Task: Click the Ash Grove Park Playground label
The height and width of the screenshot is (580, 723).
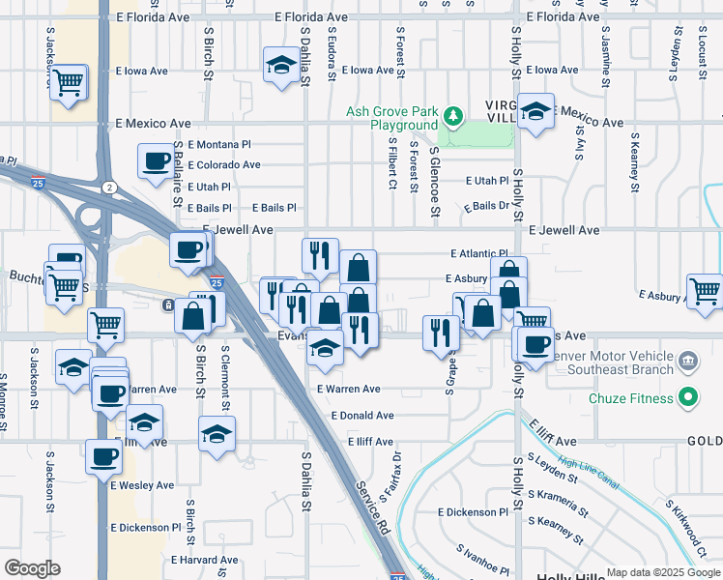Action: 392,118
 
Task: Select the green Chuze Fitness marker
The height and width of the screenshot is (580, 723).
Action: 688,396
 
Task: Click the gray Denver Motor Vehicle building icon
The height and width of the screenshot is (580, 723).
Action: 687,362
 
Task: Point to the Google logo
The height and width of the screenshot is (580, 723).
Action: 32,568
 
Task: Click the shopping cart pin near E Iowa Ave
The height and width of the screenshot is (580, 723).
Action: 69,82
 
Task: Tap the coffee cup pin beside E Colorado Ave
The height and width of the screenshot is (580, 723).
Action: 155,161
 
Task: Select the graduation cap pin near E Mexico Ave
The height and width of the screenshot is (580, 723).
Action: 535,111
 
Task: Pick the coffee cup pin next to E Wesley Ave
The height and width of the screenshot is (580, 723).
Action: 102,457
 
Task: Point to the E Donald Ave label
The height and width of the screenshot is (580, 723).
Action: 361,416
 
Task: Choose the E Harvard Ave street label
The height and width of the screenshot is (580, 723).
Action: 203,560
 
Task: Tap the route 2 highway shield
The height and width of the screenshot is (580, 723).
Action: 110,187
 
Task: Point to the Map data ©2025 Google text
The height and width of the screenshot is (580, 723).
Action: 662,572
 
